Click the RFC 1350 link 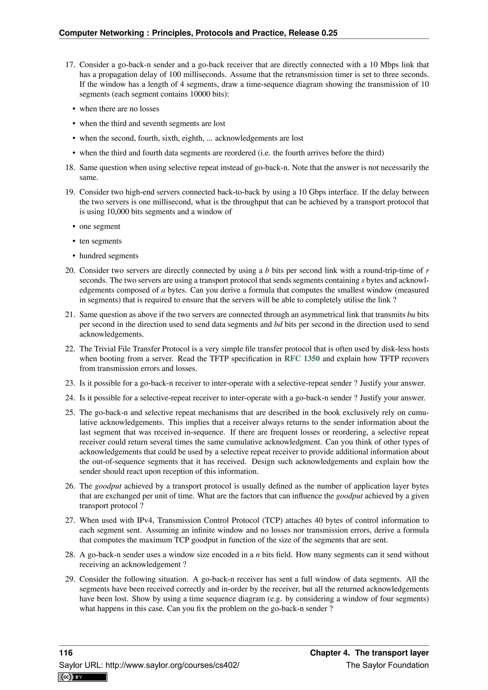coord(302,359)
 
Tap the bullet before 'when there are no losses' coord(74,109)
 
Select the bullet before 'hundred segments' coord(74,256)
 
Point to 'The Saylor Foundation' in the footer coord(387,665)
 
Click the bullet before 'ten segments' coord(74,241)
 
